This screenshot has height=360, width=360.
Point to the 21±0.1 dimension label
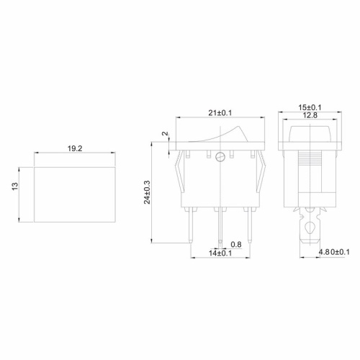[x=221, y=112]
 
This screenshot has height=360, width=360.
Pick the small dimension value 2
[x=165, y=135]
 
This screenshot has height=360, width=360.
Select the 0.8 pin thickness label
[x=236, y=243]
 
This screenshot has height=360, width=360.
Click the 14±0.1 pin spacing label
[x=220, y=253]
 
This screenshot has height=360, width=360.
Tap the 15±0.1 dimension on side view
[x=310, y=108]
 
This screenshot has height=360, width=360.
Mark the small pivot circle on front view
[x=221, y=157]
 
